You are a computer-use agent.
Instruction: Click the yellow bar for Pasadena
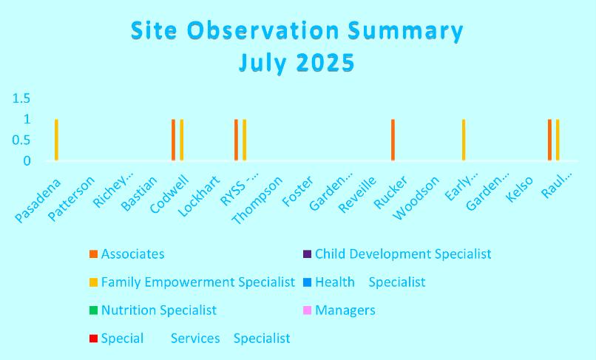[56, 140]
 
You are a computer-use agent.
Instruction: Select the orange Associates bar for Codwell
[173, 140]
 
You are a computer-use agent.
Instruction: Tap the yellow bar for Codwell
[182, 140]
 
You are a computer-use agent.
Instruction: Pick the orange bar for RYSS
[236, 140]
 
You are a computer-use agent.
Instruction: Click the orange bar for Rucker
[393, 140]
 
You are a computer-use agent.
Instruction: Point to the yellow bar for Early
[464, 140]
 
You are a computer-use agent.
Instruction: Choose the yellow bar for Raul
[558, 140]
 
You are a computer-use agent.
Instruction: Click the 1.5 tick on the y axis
[21, 98]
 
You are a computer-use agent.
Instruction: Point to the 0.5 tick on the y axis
[21, 140]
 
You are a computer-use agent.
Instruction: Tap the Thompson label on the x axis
[257, 200]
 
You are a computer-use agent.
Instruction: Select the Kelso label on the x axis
[520, 189]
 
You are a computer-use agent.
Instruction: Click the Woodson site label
[416, 198]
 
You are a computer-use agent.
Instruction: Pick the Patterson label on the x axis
[71, 199]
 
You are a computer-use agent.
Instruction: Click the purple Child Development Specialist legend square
[307, 254]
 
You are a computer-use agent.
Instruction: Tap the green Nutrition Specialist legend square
[93, 310]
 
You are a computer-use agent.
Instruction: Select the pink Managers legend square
[307, 310]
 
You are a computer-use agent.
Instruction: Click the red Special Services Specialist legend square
[93, 339]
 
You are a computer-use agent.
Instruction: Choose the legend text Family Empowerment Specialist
[198, 282]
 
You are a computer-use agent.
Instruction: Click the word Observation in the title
[263, 30]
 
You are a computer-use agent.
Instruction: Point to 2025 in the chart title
[325, 63]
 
